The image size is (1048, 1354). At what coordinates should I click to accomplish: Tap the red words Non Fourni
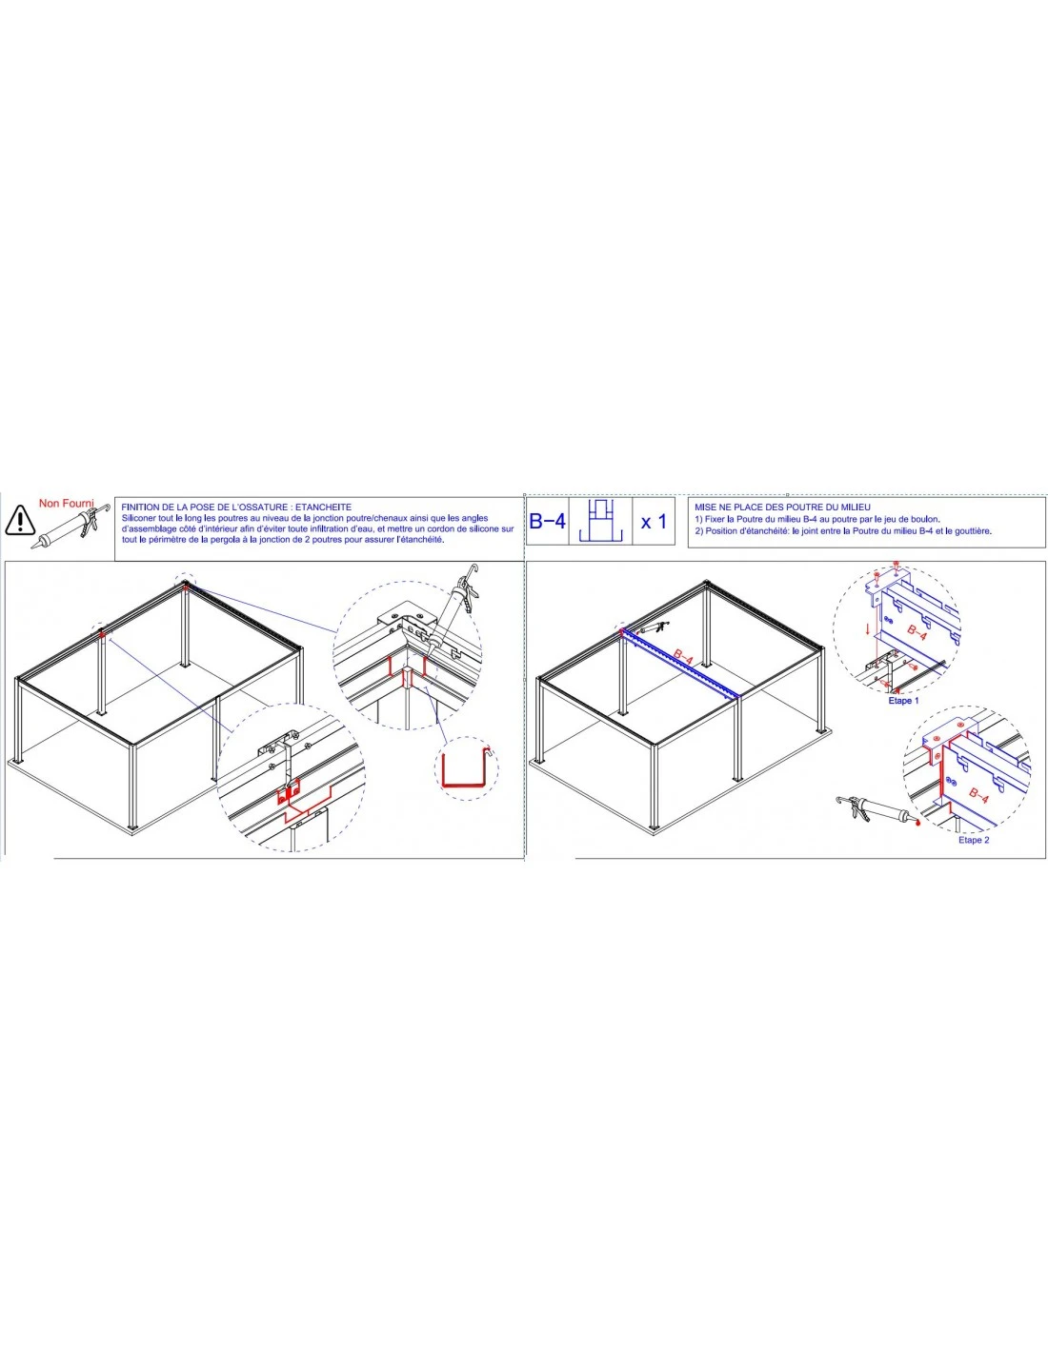(x=66, y=502)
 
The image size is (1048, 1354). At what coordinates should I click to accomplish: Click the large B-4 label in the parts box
(x=547, y=521)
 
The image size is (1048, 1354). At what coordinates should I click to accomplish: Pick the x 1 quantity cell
(x=654, y=521)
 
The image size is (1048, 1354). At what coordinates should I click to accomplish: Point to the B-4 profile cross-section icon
(x=601, y=522)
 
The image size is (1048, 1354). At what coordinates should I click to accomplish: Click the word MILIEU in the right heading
(x=854, y=508)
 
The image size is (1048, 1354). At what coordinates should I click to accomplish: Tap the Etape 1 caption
(x=903, y=701)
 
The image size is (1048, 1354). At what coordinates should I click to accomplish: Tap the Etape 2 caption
(x=973, y=840)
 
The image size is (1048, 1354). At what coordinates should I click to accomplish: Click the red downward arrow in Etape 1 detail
(x=867, y=630)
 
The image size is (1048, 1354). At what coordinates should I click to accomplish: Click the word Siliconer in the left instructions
(x=139, y=518)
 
